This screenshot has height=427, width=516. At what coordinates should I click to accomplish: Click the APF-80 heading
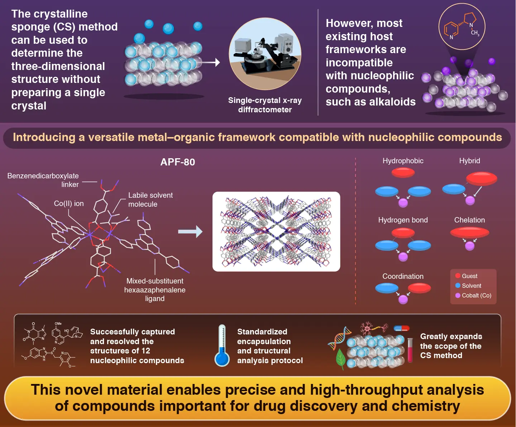click(x=178, y=162)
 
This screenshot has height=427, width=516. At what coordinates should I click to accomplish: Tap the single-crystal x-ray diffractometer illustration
click(x=265, y=54)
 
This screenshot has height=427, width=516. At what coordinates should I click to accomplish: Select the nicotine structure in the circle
click(x=462, y=27)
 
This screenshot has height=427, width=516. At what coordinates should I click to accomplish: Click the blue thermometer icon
click(x=222, y=346)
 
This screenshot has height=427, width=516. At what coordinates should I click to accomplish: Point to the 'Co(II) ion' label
click(x=69, y=203)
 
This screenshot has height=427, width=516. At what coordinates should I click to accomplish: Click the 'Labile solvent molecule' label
click(x=150, y=200)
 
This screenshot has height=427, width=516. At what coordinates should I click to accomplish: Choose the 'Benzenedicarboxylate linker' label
click(x=43, y=180)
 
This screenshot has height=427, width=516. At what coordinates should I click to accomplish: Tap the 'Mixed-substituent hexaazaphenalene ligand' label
click(x=155, y=290)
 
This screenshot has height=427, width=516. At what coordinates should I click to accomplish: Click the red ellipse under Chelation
click(x=469, y=233)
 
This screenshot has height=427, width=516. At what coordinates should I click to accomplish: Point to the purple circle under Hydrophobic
click(x=403, y=203)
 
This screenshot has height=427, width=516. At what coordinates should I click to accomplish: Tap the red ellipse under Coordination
click(x=419, y=288)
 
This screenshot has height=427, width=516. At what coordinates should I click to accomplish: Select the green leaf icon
click(x=341, y=359)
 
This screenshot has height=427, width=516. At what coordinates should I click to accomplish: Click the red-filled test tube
click(x=410, y=350)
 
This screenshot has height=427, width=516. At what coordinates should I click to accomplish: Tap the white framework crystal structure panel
click(x=276, y=231)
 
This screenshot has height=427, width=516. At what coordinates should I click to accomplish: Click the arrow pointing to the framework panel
click(x=190, y=231)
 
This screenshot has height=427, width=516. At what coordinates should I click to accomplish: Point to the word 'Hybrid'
click(x=469, y=161)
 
